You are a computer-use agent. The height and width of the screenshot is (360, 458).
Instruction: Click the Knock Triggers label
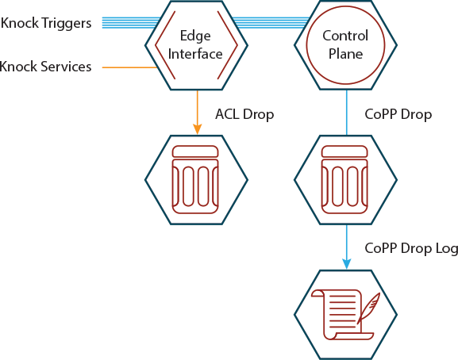pos(46,23)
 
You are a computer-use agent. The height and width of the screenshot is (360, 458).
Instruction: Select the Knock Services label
pos(45,67)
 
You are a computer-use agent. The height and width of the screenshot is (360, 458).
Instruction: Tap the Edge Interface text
pos(195,45)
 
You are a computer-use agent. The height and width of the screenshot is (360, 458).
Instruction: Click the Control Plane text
pos(345,45)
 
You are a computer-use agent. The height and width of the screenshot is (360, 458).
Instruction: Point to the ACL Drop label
pos(244,114)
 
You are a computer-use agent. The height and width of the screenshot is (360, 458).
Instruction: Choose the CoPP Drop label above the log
pos(398,114)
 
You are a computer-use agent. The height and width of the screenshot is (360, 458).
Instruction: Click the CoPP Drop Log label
pos(411,248)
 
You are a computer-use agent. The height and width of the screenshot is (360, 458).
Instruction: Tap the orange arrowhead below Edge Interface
pos(198,129)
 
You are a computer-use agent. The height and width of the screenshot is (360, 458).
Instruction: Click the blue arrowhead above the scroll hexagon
pos(347,264)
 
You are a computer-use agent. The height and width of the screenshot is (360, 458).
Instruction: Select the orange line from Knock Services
pos(129,67)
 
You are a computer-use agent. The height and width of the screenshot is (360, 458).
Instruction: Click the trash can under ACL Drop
pos(195,180)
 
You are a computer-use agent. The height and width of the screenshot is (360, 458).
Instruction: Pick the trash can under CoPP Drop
pos(344,180)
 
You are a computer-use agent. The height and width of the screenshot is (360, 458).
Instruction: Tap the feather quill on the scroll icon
pos(369,308)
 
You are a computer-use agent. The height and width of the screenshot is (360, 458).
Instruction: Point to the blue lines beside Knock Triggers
pos(130,23)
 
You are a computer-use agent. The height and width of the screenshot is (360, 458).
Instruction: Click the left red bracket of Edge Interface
pos(165,45)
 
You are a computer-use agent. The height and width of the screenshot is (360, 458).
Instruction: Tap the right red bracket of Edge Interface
pos(228,45)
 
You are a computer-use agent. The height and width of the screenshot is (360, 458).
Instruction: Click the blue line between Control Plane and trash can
pos(347,113)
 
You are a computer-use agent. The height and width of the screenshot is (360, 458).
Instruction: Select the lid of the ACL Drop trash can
pos(195,151)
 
